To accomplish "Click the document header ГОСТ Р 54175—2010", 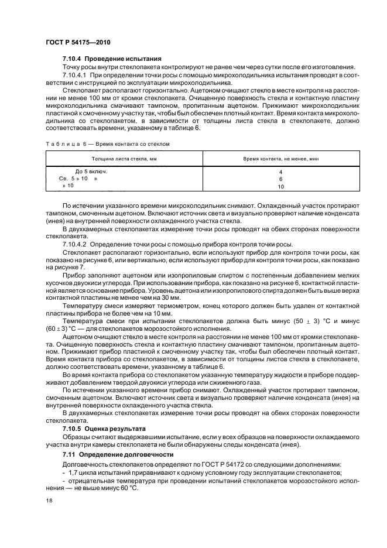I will (78, 42).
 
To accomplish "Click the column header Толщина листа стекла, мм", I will (124, 159).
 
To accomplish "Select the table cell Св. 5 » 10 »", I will (78, 178).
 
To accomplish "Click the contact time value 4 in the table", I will (280, 172).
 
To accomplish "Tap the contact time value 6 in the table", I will (280, 179).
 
